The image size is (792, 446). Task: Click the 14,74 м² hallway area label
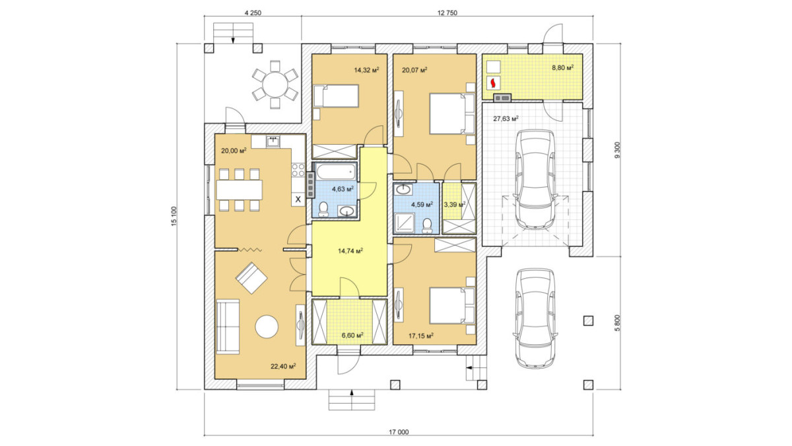(350, 251)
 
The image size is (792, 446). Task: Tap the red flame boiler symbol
(493, 83)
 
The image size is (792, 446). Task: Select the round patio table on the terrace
(275, 85)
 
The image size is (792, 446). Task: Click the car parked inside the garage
(536, 179)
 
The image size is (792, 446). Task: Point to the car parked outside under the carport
(536, 318)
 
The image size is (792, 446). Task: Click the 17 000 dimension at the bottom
(399, 432)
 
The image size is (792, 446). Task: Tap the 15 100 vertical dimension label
(174, 216)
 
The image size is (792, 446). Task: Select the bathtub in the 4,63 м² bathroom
(335, 171)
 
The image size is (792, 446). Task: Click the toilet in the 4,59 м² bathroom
(427, 226)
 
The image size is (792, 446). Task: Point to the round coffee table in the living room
(267, 326)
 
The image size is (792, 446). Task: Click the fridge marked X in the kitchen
(298, 200)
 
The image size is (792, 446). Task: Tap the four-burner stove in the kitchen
(298, 170)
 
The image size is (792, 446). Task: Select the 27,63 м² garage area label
(506, 118)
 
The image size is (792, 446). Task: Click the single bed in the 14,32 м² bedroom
(336, 96)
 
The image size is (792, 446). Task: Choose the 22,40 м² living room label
(283, 366)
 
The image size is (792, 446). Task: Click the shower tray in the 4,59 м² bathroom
(405, 223)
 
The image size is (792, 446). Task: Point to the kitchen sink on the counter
(273, 141)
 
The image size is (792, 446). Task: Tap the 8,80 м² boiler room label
(562, 67)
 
